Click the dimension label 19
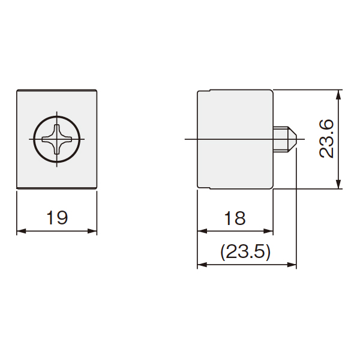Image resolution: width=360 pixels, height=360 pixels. coord(57,218)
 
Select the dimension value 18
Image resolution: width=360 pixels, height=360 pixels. coord(235,218)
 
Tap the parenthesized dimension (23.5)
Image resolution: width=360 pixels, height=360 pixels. coord(245,252)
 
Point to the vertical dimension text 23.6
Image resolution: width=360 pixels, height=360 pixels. coord(326,139)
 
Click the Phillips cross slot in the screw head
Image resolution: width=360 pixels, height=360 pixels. coord(57,139)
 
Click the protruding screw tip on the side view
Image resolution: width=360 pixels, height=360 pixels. coord(285,139)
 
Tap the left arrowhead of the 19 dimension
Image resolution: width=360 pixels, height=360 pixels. coord(21,231)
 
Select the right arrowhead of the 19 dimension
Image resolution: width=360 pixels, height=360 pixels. coord(92,231)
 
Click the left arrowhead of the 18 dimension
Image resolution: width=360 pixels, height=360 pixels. coord(202,231)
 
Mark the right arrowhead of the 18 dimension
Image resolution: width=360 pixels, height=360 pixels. coord(268,231)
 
